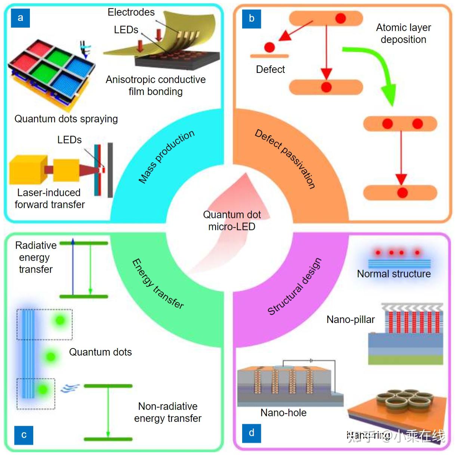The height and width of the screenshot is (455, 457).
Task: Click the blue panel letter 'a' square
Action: coord(21,18)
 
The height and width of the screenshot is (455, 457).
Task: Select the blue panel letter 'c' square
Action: coord(24,435)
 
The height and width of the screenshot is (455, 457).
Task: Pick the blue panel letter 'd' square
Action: coord(251,433)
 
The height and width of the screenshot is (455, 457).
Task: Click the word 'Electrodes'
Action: coord(131,12)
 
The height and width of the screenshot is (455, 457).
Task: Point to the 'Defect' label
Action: coord(270,70)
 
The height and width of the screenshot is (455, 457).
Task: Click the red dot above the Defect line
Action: coord(269,47)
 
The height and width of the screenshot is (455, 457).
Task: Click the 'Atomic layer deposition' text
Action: coord(403,34)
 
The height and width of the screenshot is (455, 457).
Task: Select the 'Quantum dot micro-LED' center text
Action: coord(232,221)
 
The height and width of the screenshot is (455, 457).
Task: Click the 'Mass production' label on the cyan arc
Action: coord(167,157)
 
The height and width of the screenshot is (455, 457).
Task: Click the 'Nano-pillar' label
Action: coord(351,320)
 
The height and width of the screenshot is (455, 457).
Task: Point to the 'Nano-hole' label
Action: coord(283,413)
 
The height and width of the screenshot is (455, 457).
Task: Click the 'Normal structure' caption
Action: coord(394,274)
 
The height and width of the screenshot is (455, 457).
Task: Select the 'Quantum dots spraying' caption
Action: coord(66,119)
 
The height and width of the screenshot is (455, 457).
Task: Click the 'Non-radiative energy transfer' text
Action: coord(168,412)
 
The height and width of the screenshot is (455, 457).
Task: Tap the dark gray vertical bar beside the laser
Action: coord(110,170)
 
